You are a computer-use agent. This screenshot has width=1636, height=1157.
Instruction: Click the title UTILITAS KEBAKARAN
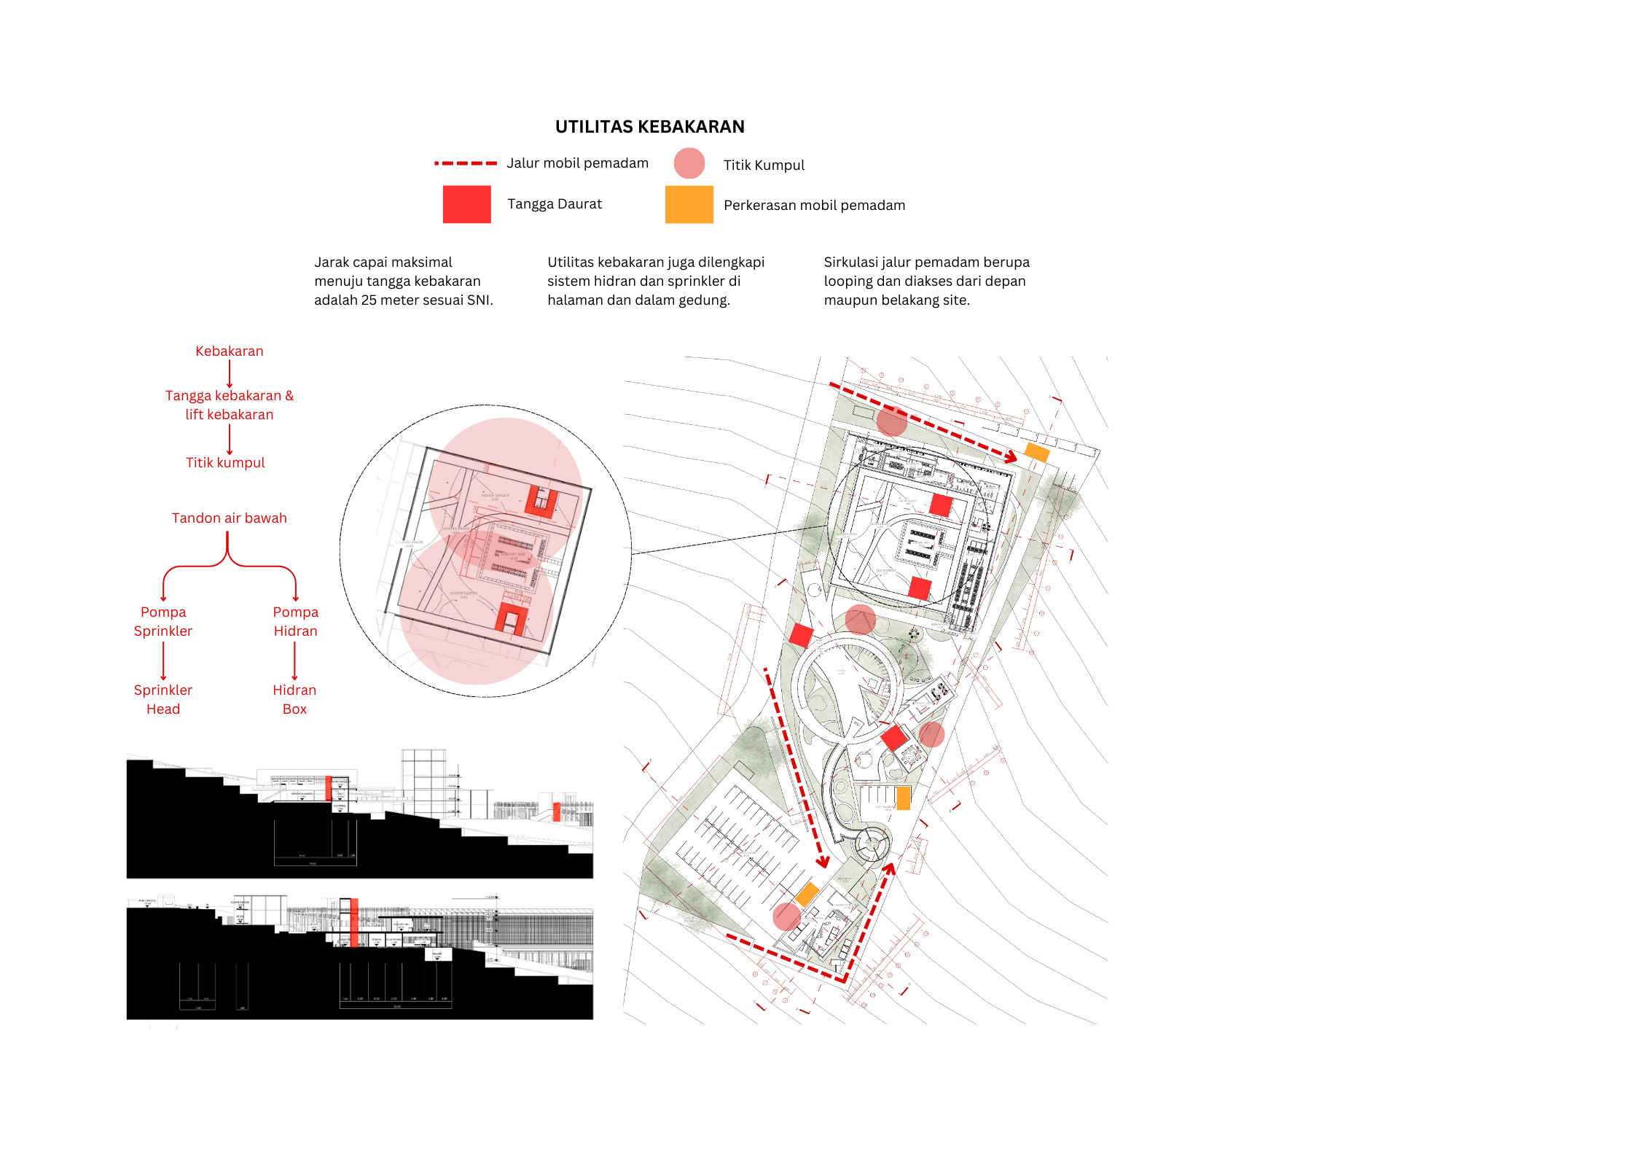(649, 127)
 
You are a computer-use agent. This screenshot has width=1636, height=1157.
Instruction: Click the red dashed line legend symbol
(465, 163)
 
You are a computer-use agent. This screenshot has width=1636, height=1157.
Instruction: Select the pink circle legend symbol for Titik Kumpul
(689, 163)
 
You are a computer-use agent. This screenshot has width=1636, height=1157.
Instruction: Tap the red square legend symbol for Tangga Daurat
(466, 204)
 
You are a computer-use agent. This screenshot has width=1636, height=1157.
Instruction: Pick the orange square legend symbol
(689, 204)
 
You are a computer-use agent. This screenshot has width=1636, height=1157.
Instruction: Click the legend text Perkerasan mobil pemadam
(814, 206)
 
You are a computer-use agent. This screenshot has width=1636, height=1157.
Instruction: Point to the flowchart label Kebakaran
(229, 351)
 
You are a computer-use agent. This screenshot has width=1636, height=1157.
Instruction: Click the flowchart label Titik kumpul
(225, 463)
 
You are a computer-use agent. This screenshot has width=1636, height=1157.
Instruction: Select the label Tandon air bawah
(229, 518)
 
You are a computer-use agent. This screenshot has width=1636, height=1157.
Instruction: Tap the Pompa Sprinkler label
(163, 621)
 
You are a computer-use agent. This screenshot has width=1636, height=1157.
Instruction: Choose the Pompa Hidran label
(295, 621)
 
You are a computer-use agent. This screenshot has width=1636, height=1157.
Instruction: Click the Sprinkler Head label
(163, 699)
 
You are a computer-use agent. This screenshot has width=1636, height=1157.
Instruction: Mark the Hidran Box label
(294, 699)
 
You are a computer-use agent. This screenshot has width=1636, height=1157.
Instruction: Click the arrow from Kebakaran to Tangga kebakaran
(230, 373)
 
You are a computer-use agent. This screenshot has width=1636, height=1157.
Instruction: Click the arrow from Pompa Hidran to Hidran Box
(294, 661)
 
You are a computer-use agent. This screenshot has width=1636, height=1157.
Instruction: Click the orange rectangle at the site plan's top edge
(1037, 452)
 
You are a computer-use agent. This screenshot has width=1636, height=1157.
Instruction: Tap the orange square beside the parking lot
(807, 893)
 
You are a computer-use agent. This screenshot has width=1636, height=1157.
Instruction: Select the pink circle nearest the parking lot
(786, 916)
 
